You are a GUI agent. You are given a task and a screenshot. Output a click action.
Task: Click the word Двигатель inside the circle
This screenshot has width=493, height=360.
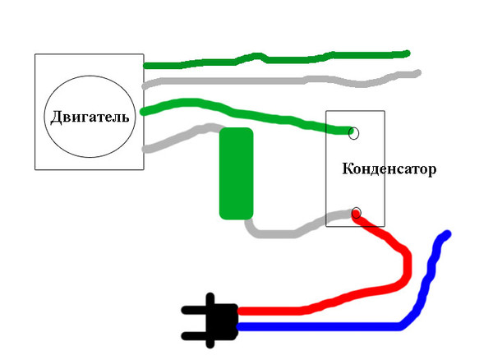click(90, 118)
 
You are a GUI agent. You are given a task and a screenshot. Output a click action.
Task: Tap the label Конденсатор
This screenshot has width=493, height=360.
click(389, 168)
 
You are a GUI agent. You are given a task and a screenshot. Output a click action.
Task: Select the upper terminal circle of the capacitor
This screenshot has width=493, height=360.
click(353, 133)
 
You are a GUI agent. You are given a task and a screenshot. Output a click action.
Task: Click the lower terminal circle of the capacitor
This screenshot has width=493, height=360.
click(356, 213)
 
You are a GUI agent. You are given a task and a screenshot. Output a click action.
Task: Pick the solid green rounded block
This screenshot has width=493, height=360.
click(236, 173)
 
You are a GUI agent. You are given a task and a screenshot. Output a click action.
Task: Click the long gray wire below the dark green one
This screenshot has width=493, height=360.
click(281, 81)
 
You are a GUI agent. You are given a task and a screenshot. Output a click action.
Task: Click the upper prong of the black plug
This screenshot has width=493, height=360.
click(194, 311)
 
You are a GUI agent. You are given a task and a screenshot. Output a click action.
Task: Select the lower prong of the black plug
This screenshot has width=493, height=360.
click(194, 336)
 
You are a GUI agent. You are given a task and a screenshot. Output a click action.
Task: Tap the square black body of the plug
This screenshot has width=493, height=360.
click(222, 321)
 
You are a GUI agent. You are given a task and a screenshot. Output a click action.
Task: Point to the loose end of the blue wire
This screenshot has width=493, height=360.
click(448, 233)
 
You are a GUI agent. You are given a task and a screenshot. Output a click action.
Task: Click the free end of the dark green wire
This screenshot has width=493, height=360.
click(407, 53)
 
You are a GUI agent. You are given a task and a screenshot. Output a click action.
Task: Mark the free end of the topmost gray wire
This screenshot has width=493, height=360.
click(417, 73)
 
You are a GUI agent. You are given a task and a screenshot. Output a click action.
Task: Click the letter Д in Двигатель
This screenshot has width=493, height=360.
click(56, 118)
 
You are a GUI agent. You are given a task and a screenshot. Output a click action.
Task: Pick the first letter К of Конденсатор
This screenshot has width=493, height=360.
click(347, 168)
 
